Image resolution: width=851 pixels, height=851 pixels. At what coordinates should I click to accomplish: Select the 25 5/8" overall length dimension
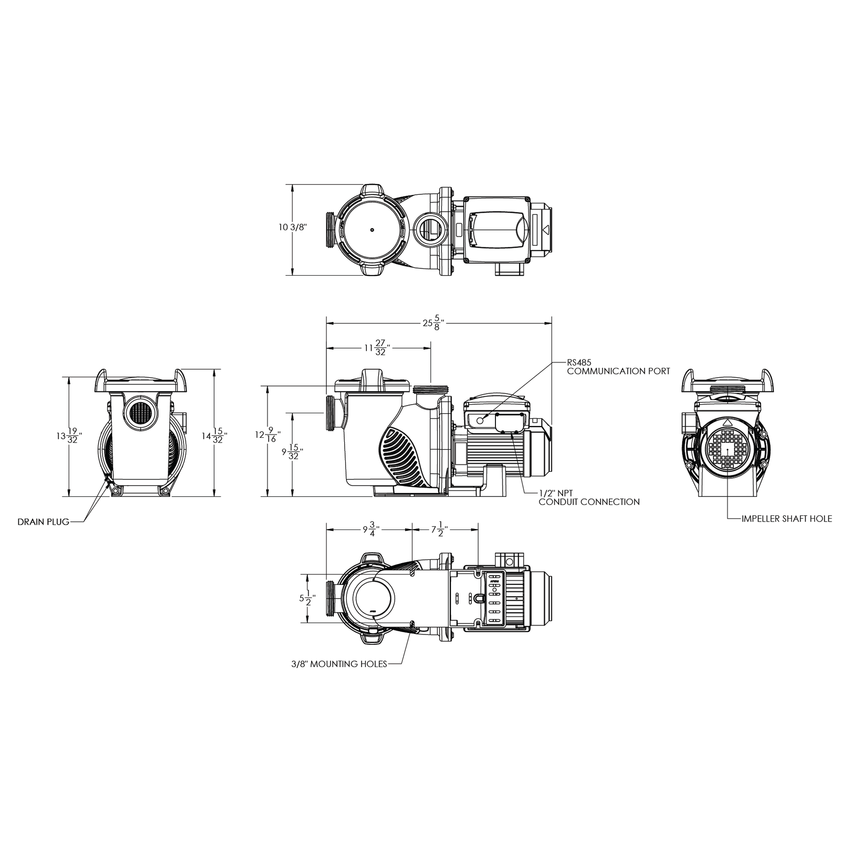tap(434, 323)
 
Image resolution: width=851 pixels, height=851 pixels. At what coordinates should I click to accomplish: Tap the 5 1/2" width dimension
tap(307, 598)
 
